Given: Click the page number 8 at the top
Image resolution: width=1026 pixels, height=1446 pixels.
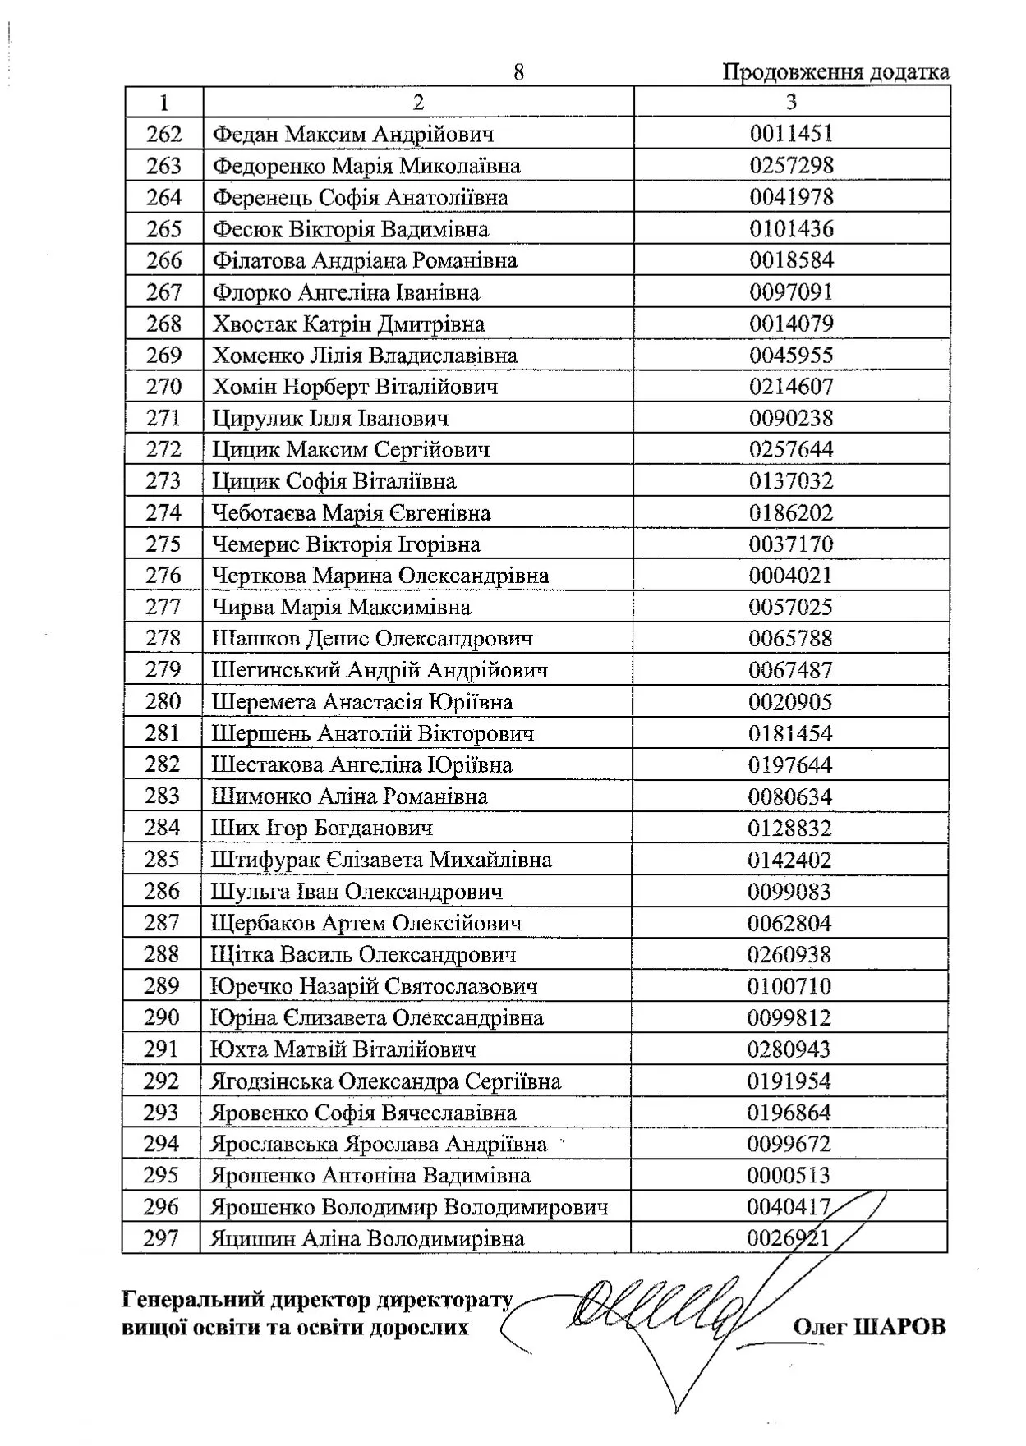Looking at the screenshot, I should coord(518,72).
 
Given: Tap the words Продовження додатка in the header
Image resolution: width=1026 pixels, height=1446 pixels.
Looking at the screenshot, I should coord(835,72).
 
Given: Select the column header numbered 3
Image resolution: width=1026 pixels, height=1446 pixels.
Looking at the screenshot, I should coord(791,102).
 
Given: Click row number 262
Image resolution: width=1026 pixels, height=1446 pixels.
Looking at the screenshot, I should coord(163,134).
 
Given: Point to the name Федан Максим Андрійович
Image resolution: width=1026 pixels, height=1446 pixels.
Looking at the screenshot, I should coord(353,134).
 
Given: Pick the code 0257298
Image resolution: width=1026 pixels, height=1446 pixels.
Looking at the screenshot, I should coord(791,165).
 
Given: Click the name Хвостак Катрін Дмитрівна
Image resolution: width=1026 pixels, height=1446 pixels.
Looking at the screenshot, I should coord(348,324).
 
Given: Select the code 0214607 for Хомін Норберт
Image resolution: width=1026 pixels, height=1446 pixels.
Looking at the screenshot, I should coord(791,387).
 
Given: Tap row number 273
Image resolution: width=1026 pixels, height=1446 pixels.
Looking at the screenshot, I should coord(163,481).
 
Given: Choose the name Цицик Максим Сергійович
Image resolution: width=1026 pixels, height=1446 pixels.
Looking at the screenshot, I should coord(351,450).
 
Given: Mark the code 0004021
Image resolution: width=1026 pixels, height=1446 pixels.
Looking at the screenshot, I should coord(790,576).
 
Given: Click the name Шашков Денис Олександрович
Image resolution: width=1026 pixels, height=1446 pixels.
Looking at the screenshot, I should coord(372,639).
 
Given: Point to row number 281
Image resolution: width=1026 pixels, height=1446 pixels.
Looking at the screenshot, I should coord(163,733).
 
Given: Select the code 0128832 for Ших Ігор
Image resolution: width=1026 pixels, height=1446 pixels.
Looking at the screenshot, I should coord(789,829).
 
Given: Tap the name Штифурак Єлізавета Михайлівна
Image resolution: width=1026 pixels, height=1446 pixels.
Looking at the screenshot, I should coord(381,860).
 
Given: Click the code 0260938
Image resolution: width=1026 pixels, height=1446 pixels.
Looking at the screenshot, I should coord(789,955).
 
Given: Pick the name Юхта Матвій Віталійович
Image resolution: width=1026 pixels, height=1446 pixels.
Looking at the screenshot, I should coord(343,1049).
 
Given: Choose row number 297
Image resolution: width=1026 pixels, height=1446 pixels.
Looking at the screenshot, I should coord(161,1238).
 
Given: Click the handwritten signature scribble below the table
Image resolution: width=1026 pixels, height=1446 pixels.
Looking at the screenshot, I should coord(657,1318).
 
